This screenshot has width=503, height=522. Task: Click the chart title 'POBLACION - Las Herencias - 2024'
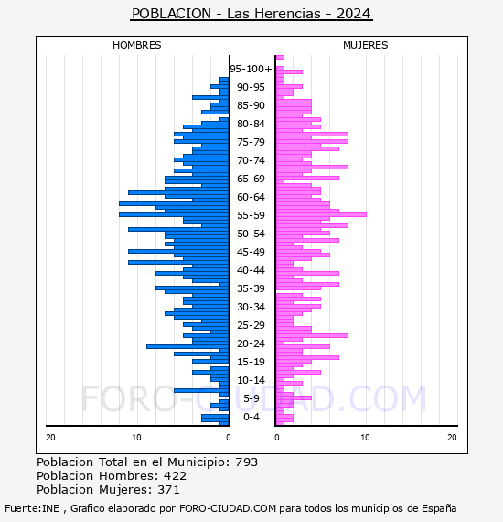[251, 14]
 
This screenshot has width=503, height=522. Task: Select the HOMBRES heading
[136, 45]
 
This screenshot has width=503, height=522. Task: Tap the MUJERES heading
[366, 45]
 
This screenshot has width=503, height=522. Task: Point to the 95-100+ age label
[251, 69]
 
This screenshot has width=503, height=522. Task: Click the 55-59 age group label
[251, 215]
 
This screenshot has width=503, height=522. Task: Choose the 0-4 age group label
[251, 417]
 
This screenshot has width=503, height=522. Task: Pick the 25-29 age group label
[251, 325]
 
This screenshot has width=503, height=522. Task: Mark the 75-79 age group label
[251, 142]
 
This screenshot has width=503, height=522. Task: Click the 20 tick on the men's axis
[50, 437]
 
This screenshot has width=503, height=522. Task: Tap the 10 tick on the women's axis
[365, 437]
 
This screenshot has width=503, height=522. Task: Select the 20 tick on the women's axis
[452, 437]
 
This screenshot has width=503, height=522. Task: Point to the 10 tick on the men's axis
[136, 437]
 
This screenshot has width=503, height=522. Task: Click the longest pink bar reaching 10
[321, 214]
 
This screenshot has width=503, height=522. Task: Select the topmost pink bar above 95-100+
[280, 58]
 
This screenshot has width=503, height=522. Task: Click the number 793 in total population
[246, 462]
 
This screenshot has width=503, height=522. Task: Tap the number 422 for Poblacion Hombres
[175, 475]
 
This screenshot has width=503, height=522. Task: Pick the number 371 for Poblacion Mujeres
[168, 489]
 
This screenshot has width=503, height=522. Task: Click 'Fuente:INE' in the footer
[32, 508]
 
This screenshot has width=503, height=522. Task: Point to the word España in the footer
[439, 508]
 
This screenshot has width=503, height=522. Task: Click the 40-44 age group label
[251, 270]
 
